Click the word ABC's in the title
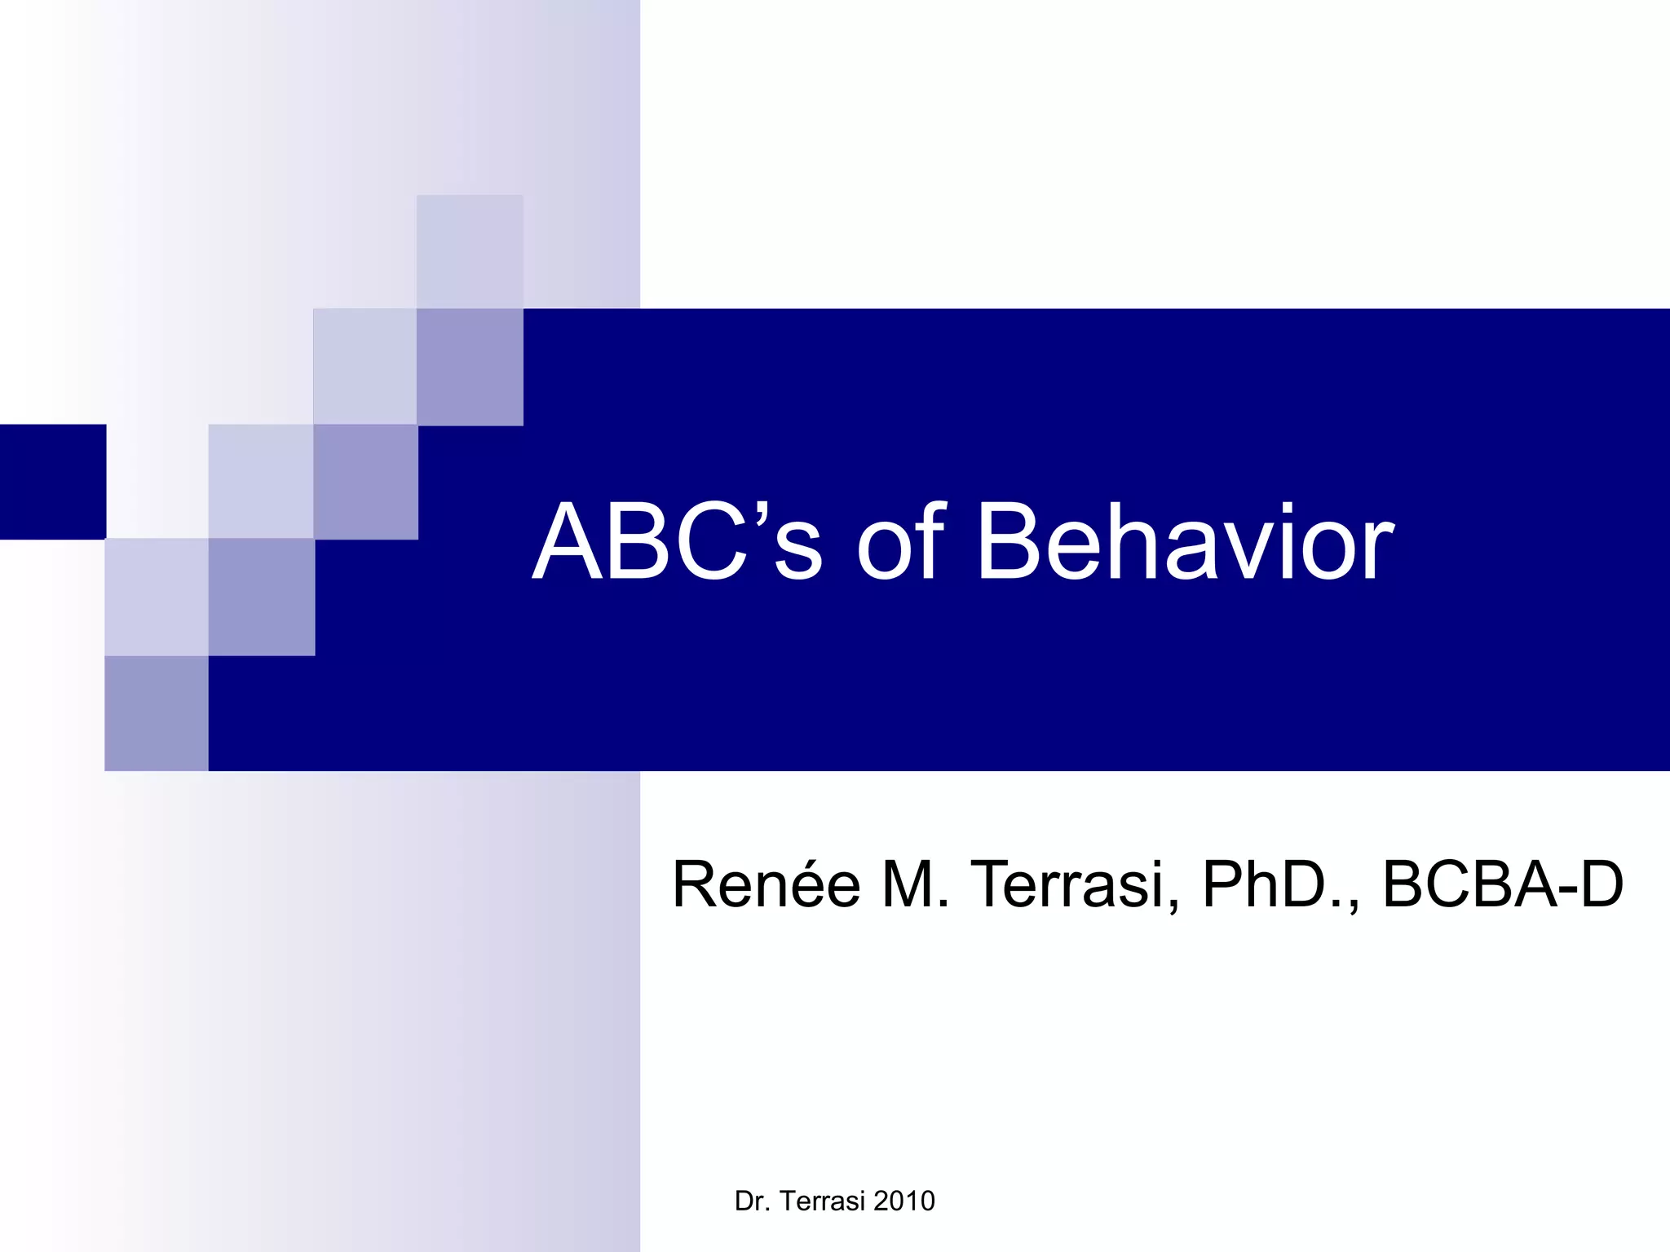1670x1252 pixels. pyautogui.click(x=678, y=542)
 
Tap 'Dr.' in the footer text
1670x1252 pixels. pyautogui.click(x=751, y=1201)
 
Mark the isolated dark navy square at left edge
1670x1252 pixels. pyautogui.click(x=52, y=482)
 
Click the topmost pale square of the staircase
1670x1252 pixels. pyautogui.click(x=470, y=251)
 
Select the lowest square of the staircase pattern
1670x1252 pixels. pyautogui.click(x=157, y=713)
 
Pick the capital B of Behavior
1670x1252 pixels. pyautogui.click(x=1009, y=542)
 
